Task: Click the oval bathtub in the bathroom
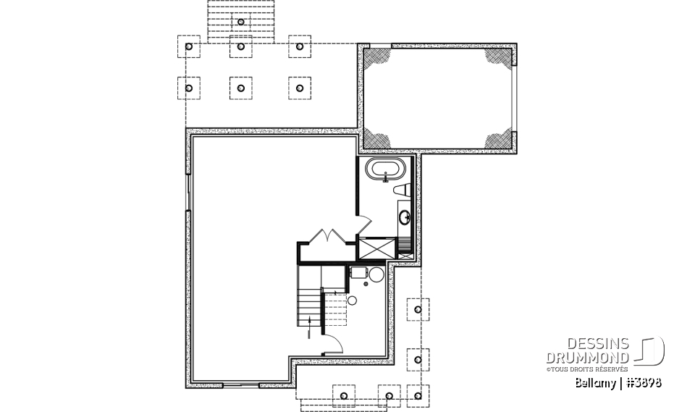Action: pos(383,172)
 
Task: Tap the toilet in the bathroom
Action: pos(403,190)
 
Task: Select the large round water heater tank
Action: pos(375,275)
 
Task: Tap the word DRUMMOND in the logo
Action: pos(587,358)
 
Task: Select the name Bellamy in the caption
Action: pos(594,382)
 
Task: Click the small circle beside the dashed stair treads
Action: pos(352,300)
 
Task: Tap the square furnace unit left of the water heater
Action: pos(357,272)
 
